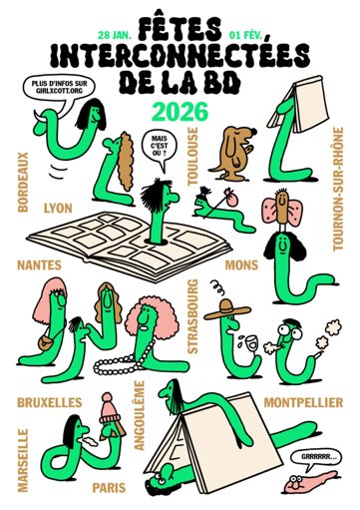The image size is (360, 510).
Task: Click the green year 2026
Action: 180,112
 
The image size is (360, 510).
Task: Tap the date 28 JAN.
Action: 115,35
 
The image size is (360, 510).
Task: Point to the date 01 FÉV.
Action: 246,35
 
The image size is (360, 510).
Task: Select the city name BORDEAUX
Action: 23,182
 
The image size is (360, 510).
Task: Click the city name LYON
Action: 58,209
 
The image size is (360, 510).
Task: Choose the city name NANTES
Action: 39,265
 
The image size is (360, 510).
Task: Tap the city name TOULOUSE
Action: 192,156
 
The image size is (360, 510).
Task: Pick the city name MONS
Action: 241,265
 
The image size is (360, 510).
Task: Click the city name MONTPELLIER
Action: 303,402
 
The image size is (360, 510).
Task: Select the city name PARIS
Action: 109,488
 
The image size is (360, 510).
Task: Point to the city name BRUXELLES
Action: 50,402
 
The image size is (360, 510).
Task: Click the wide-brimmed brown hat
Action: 227,309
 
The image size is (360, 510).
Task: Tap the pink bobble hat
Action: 110,408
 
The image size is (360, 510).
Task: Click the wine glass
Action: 251,343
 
